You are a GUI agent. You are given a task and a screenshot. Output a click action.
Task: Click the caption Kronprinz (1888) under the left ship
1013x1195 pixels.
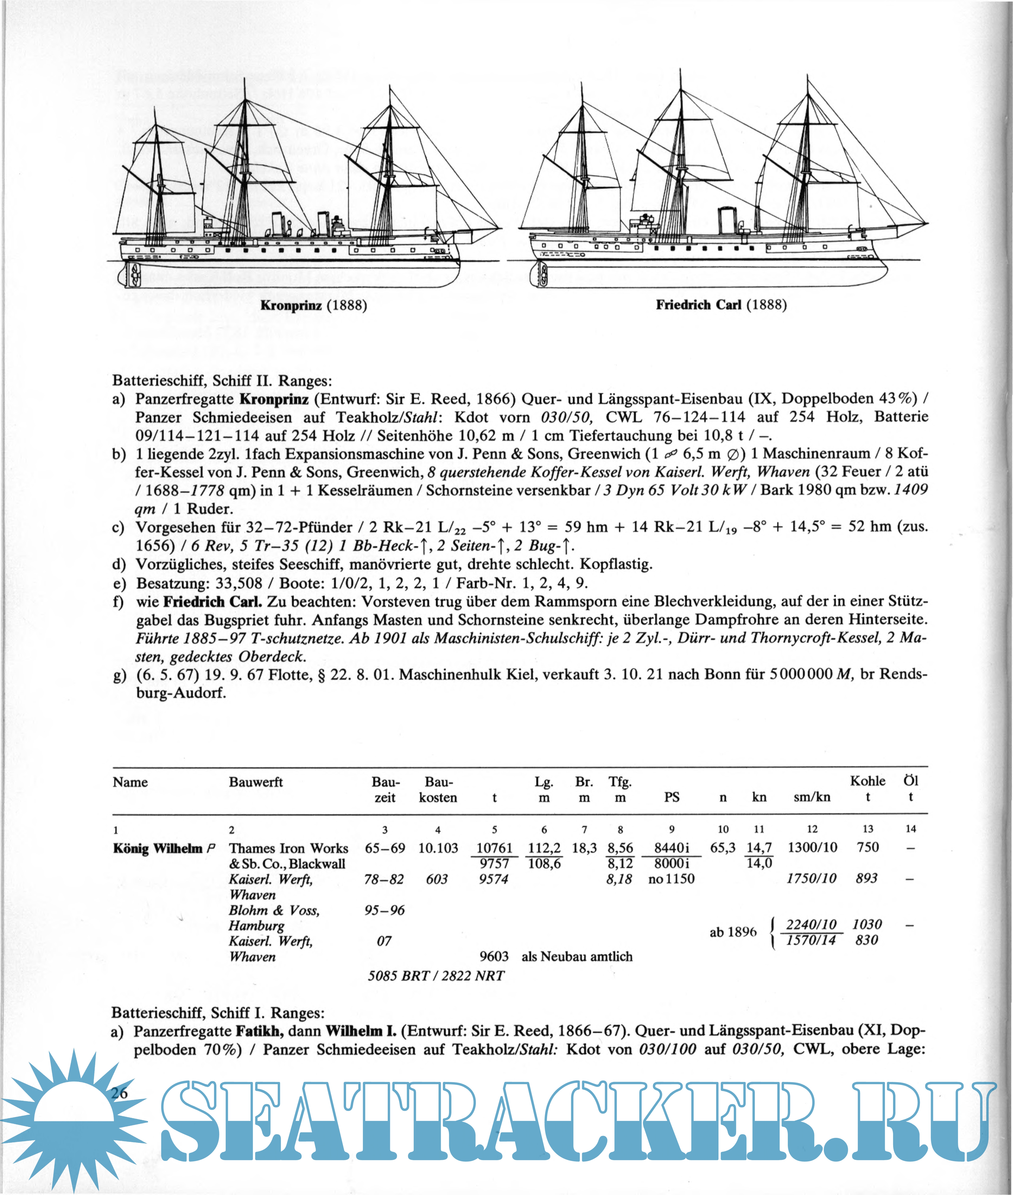click(314, 305)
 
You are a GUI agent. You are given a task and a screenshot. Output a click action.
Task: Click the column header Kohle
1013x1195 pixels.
click(867, 781)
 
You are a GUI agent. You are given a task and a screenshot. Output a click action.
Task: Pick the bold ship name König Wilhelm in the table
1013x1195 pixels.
click(158, 848)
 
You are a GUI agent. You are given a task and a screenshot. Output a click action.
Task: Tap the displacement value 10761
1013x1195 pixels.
click(494, 848)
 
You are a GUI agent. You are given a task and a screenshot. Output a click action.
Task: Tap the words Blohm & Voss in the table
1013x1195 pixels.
click(274, 910)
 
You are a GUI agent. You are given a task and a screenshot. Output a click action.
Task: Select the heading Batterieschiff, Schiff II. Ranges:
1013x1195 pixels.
click(222, 380)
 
